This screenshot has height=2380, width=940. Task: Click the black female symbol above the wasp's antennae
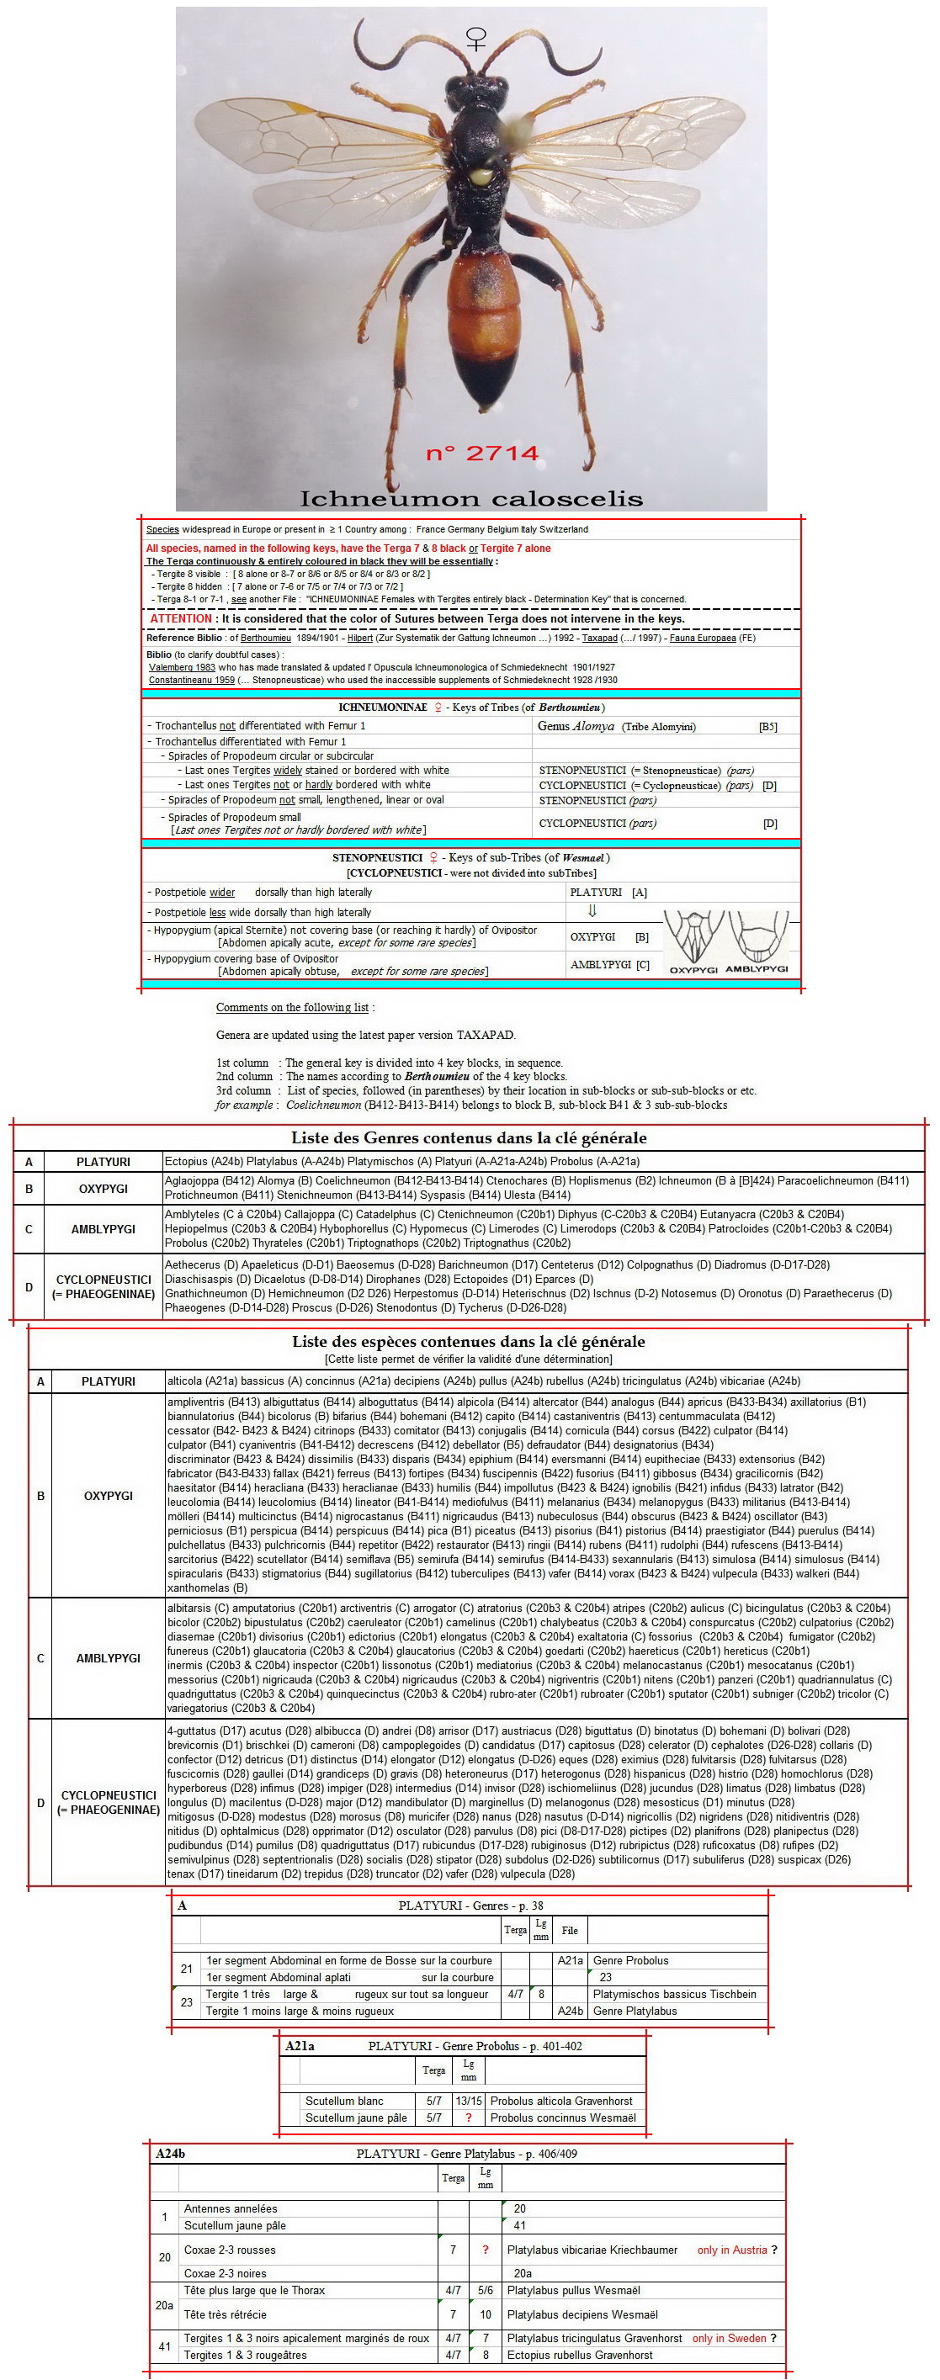tap(476, 38)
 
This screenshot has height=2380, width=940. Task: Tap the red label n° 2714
tap(481, 453)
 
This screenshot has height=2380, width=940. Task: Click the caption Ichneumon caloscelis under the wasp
tap(470, 499)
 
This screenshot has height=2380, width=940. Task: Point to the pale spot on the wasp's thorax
tap(481, 172)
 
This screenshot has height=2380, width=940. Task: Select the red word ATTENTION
tap(181, 619)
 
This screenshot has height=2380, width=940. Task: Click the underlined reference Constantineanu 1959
tap(191, 680)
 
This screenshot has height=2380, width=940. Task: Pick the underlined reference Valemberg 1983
tap(182, 667)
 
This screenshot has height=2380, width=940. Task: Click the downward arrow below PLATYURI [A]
tap(592, 911)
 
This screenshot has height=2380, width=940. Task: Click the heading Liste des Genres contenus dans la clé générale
tap(469, 1137)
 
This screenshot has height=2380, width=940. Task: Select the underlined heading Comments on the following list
tap(295, 1007)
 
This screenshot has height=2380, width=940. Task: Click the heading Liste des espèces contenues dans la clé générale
tap(469, 1341)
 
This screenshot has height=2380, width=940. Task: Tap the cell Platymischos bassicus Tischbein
tap(674, 1994)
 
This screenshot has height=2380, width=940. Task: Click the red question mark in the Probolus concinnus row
tap(469, 2118)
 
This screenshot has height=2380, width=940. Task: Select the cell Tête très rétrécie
tap(226, 2314)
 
